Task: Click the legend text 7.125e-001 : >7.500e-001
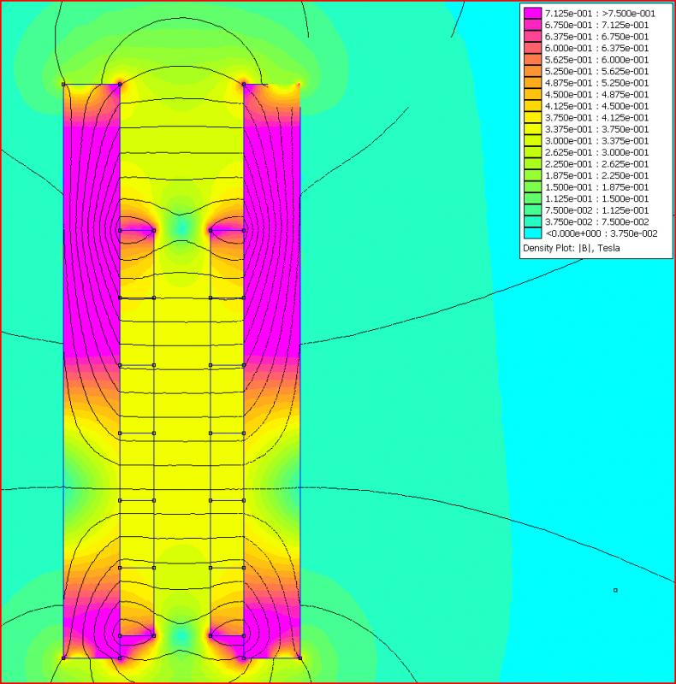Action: coord(600,14)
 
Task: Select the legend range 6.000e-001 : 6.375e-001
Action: coord(596,49)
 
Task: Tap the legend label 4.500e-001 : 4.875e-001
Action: coord(596,95)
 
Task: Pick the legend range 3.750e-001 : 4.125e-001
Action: coord(596,118)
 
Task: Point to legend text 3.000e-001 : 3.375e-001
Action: coord(596,141)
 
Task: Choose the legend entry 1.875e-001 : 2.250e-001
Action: coord(596,176)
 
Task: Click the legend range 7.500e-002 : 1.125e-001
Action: coord(596,210)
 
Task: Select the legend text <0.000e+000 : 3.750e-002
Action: coord(602,233)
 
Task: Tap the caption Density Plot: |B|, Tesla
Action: coord(572,248)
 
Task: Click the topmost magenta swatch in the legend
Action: coord(533,14)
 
